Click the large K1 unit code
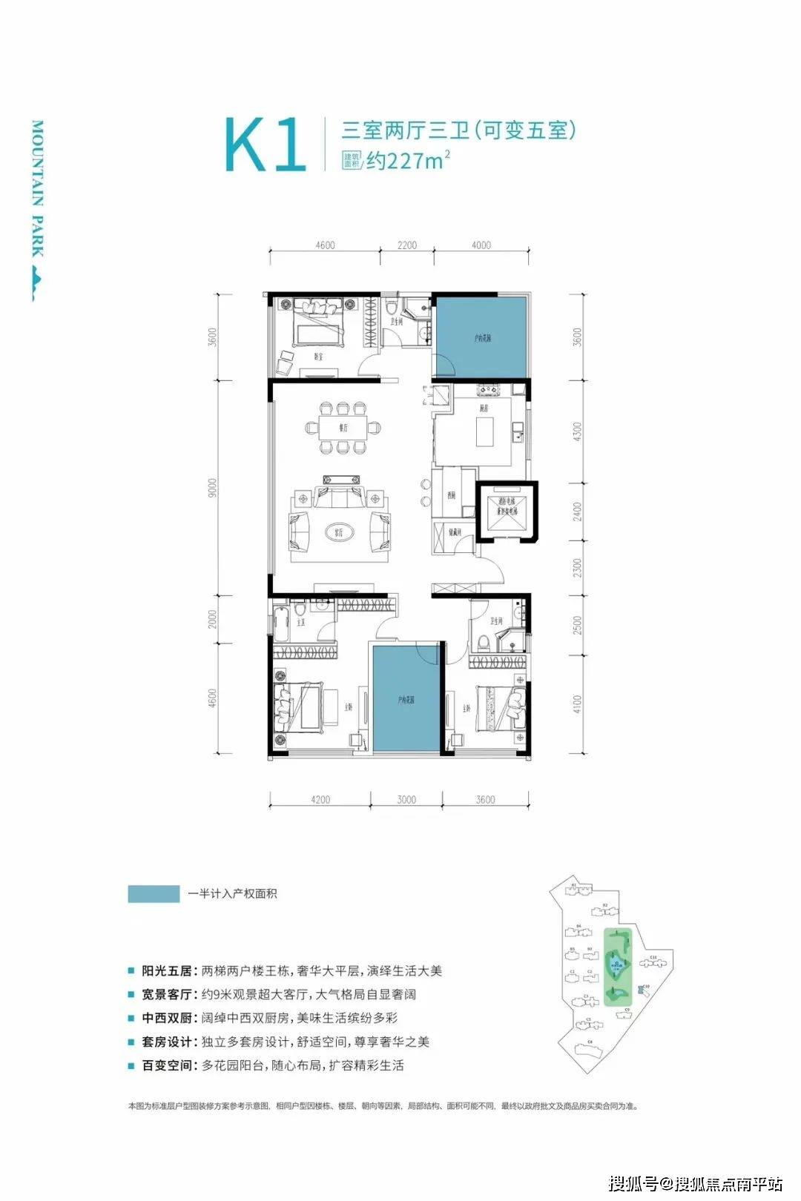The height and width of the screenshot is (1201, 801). tap(266, 145)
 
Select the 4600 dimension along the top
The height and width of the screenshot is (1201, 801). tap(325, 245)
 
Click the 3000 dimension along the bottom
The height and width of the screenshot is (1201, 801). tap(406, 800)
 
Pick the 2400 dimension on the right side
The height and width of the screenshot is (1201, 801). tap(578, 512)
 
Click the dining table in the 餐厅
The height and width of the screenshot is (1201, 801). tap(343, 428)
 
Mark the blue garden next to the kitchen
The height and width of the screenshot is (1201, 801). tap(481, 337)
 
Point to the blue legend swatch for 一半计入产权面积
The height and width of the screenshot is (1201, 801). tap(154, 894)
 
